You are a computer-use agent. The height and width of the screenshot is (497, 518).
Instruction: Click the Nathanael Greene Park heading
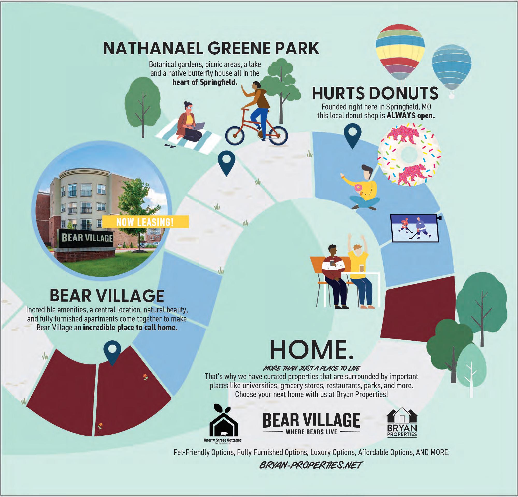click(211, 48)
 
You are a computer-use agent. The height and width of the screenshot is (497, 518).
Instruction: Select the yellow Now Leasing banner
click(145, 222)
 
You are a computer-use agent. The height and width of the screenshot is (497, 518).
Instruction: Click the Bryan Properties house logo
click(402, 423)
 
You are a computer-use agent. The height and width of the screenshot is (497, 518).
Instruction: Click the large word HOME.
click(312, 349)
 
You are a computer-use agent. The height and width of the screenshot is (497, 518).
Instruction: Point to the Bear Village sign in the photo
click(87, 238)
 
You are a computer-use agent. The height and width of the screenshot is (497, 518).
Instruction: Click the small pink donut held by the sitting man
click(358, 188)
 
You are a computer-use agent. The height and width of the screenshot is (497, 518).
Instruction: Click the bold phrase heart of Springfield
click(205, 82)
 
